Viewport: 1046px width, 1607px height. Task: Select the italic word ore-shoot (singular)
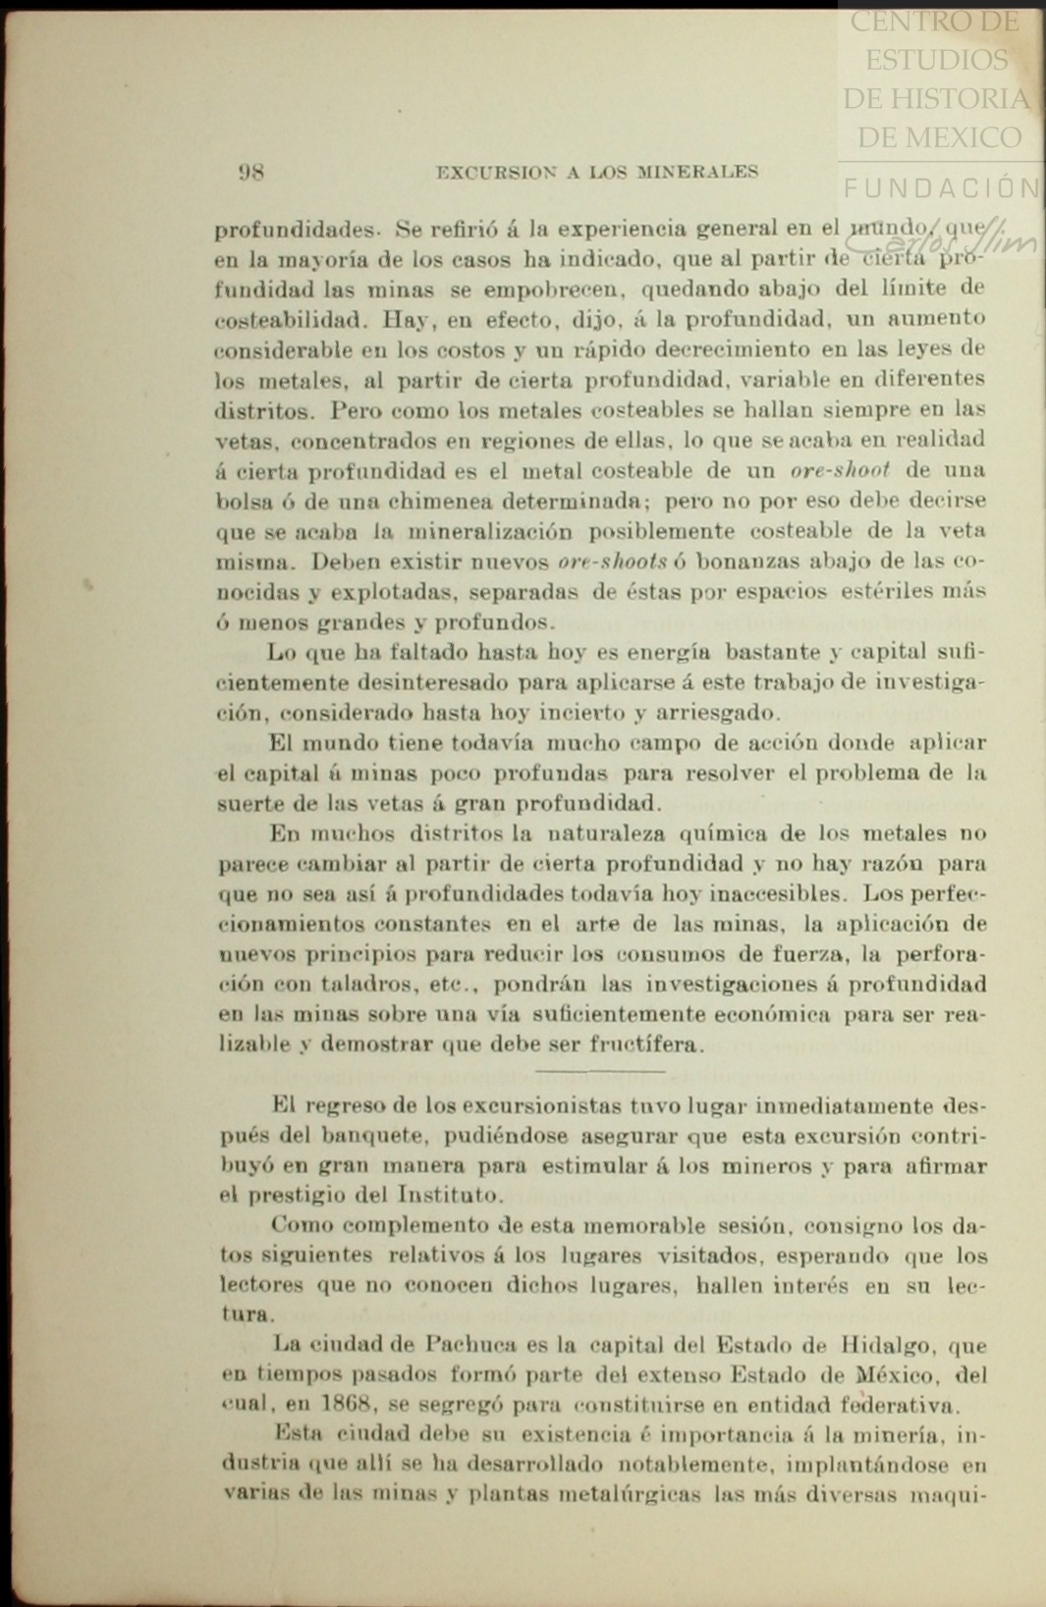pos(840,470)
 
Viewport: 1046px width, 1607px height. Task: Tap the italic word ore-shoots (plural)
pos(612,562)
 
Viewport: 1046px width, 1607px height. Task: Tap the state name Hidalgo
pos(892,1345)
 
